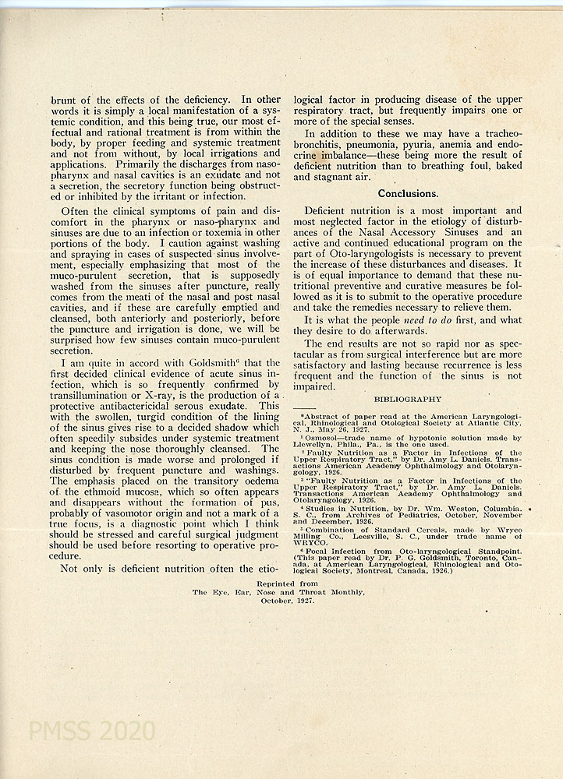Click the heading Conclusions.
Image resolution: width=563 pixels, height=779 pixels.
coord(408,193)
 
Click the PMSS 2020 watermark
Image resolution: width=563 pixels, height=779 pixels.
coord(91,731)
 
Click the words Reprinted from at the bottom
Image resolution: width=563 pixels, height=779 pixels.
coord(278,583)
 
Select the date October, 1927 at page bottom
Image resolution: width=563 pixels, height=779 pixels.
coord(278,601)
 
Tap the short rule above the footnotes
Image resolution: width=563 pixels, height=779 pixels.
coord(304,407)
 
